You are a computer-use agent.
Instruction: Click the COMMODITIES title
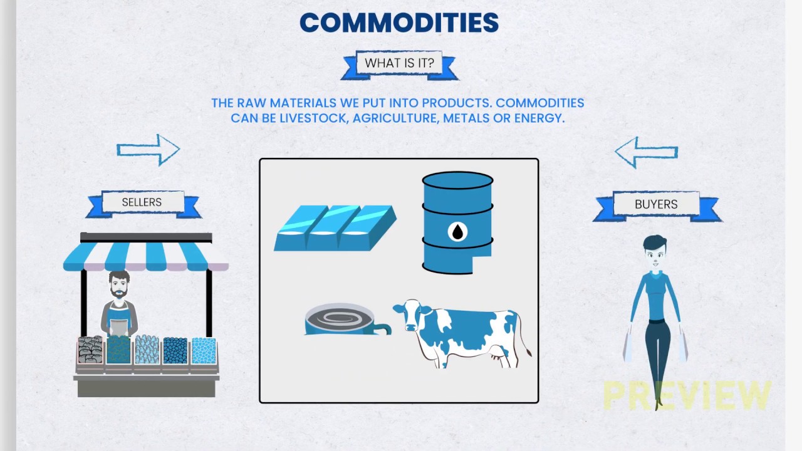tap(399, 23)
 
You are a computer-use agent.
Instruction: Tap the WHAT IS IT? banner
tap(399, 63)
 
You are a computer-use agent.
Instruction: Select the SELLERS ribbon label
tap(142, 202)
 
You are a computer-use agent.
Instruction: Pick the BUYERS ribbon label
tap(656, 204)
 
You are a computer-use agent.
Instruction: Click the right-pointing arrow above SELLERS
tap(148, 150)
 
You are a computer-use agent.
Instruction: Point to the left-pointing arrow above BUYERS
tap(646, 152)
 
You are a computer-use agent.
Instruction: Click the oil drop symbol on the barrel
tap(458, 232)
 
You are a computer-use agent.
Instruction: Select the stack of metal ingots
tap(335, 228)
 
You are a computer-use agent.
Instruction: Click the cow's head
tap(408, 314)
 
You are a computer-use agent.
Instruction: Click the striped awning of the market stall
tap(146, 257)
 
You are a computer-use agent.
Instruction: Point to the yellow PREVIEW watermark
tap(687, 396)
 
